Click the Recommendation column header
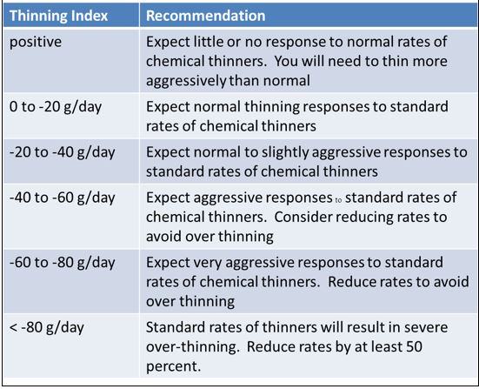(x=205, y=16)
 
